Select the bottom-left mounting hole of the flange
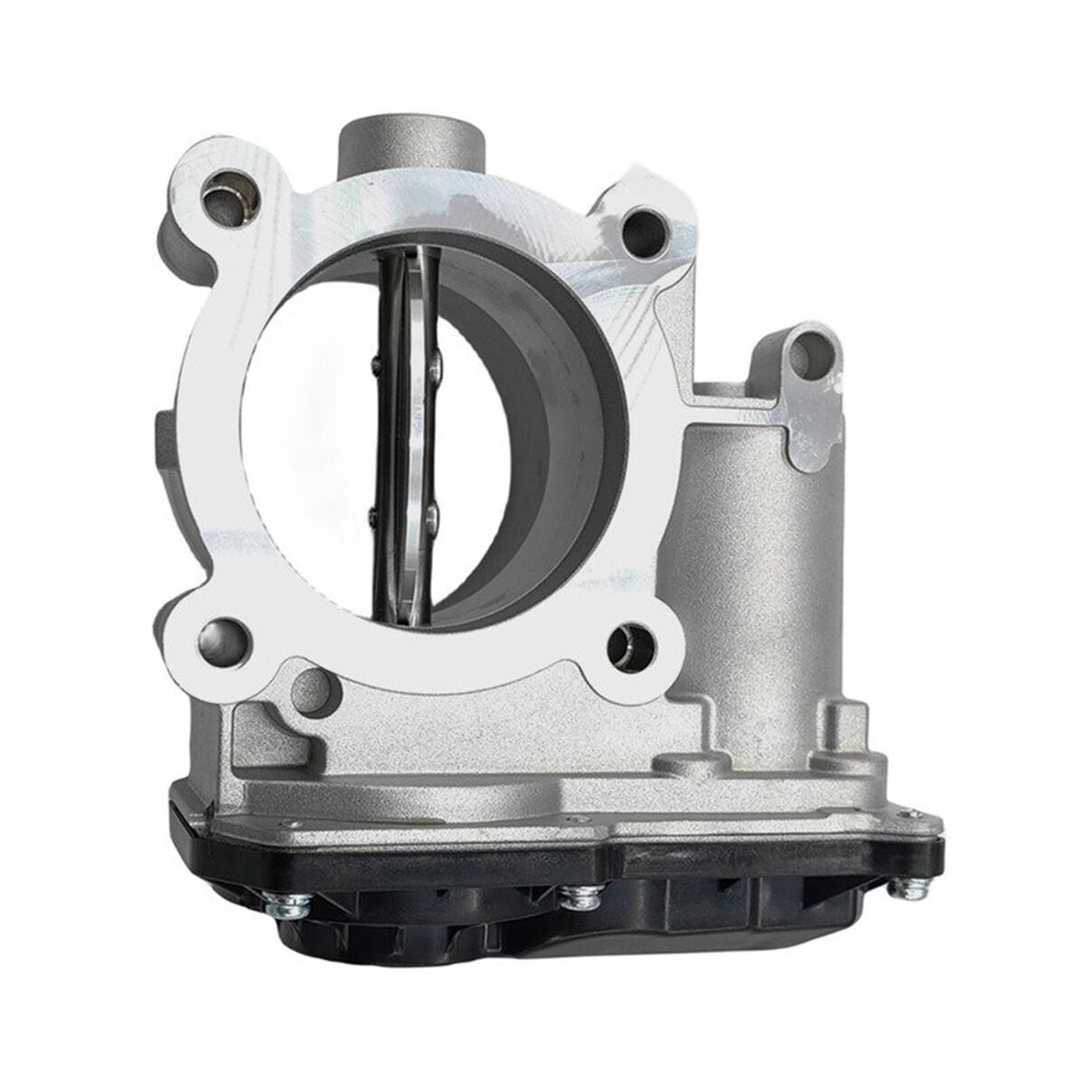click(223, 637)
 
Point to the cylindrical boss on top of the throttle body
click(410, 145)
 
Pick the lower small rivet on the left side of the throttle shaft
click(373, 515)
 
